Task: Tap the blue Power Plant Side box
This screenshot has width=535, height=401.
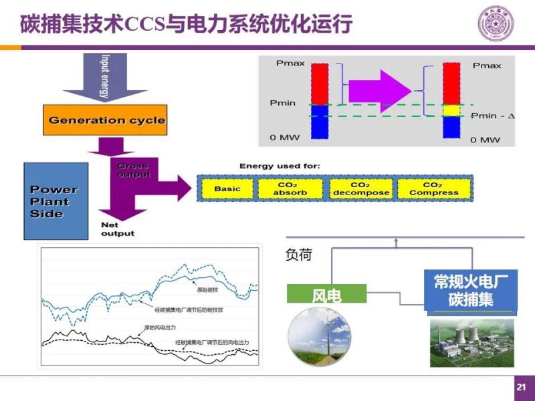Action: (56, 201)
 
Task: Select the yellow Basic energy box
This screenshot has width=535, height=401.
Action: (227, 189)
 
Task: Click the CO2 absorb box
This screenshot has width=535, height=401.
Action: (292, 189)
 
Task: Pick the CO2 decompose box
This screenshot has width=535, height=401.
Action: (360, 189)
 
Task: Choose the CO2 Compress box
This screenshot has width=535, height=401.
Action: (434, 189)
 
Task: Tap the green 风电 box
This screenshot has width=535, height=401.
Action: (327, 295)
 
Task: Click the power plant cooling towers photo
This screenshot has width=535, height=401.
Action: (472, 342)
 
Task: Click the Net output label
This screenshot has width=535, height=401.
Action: (117, 229)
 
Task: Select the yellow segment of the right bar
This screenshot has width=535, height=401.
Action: (452, 111)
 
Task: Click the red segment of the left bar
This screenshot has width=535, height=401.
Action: (320, 83)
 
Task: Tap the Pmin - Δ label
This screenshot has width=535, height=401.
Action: (493, 116)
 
